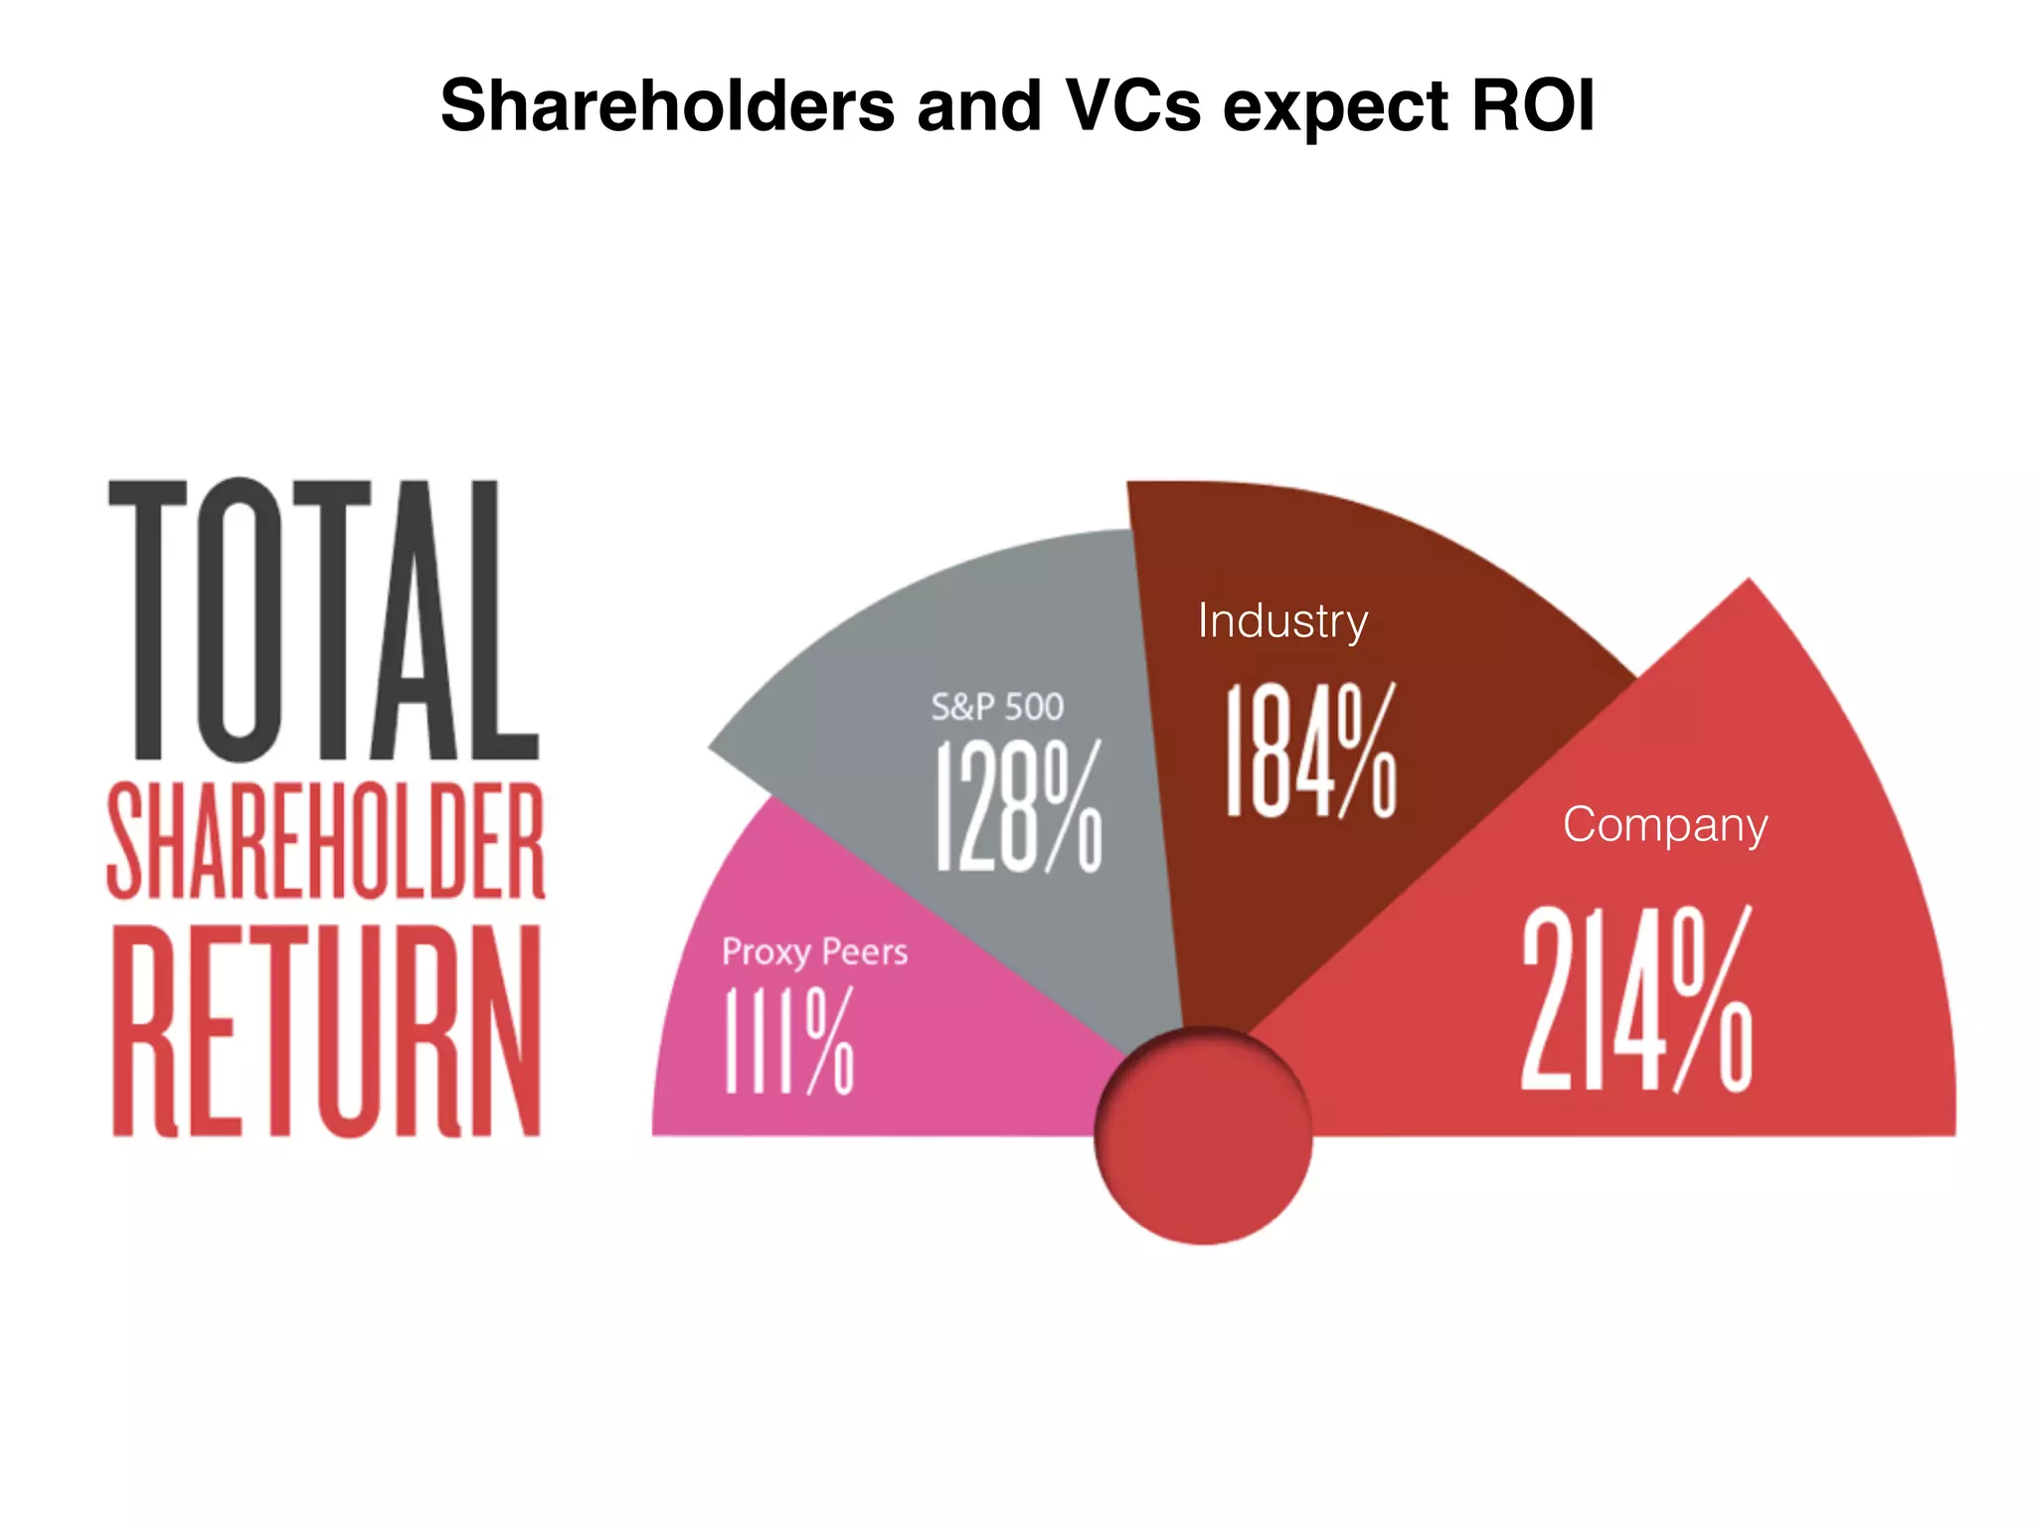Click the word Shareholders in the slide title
[667, 105]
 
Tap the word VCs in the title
[1132, 105]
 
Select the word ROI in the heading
[1533, 105]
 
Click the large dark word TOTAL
[324, 619]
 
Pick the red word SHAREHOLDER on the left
[326, 841]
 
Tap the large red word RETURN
[326, 1030]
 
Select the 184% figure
[1310, 752]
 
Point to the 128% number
[1018, 805]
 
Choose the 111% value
[788, 1040]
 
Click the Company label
[1665, 824]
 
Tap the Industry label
[1282, 620]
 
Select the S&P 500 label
[997, 707]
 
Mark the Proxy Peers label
[814, 951]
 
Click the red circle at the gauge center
[1203, 1136]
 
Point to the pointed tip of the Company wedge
[1747, 583]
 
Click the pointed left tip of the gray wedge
[712, 746]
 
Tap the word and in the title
[978, 105]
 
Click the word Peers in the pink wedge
[864, 951]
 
